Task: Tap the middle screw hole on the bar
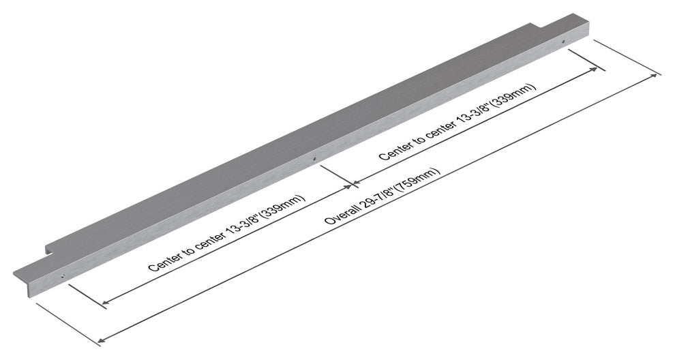coord(314,158)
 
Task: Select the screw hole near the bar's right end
coord(563,42)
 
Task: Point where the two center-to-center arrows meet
coord(352,183)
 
